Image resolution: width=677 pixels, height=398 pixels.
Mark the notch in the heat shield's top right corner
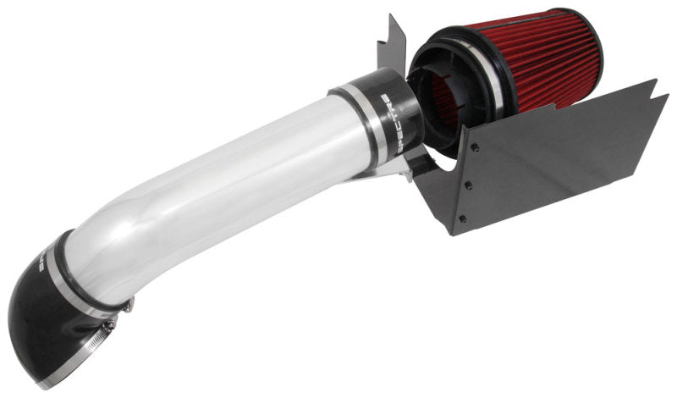click(x=652, y=85)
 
